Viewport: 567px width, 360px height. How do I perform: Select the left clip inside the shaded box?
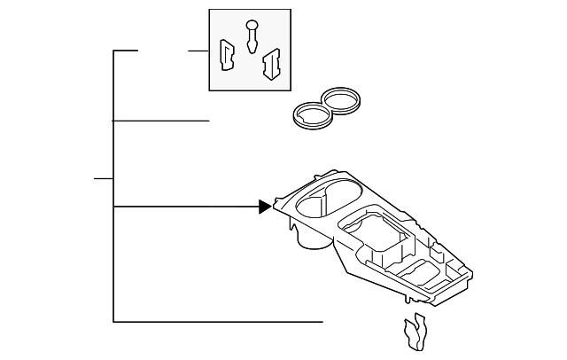coord(227,55)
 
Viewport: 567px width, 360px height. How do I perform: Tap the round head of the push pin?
coord(252,24)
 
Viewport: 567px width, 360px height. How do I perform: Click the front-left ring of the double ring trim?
coord(309,116)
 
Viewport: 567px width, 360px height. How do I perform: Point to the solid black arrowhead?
coord(265,207)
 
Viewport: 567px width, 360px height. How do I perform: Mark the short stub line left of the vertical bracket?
coord(104,178)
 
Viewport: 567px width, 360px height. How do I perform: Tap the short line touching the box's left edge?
coord(198,51)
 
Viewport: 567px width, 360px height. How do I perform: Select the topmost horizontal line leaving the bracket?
coord(126,51)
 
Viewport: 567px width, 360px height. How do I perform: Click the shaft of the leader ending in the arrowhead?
coord(186,207)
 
